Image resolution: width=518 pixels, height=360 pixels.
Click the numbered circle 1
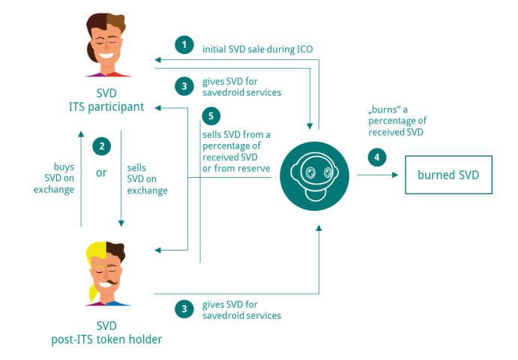pyautogui.click(x=184, y=45)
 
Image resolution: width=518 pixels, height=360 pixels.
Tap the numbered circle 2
pyautogui.click(x=102, y=146)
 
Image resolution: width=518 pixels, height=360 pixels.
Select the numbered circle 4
pyautogui.click(x=377, y=157)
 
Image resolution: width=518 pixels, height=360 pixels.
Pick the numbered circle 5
pyautogui.click(x=211, y=116)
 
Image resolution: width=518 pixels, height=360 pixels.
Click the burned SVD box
pyautogui.click(x=448, y=175)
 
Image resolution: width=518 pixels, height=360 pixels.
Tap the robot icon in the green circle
pyautogui.click(x=315, y=176)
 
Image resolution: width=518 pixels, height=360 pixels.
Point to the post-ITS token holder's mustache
pyautogui.click(x=112, y=283)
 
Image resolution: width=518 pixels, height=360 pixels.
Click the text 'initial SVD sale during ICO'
pyautogui.click(x=257, y=49)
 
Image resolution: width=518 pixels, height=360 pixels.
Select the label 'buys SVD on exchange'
pyautogui.click(x=54, y=178)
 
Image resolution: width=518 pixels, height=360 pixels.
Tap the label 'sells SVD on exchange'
pyautogui.click(x=147, y=178)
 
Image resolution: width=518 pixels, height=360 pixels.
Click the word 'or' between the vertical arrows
pyautogui.click(x=101, y=172)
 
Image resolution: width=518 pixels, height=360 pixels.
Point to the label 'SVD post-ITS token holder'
pyautogui.click(x=106, y=332)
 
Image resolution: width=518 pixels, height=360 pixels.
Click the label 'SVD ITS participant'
pyautogui.click(x=106, y=100)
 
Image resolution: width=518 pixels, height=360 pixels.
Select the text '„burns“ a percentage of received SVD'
pyautogui.click(x=397, y=121)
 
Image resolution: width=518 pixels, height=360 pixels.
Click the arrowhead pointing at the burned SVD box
pyautogui.click(x=395, y=175)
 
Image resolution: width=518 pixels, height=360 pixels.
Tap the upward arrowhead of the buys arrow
pyautogui.click(x=81, y=134)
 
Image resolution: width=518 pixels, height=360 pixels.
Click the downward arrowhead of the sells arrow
pyautogui.click(x=121, y=223)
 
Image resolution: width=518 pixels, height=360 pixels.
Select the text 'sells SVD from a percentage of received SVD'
pyautogui.click(x=236, y=145)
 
